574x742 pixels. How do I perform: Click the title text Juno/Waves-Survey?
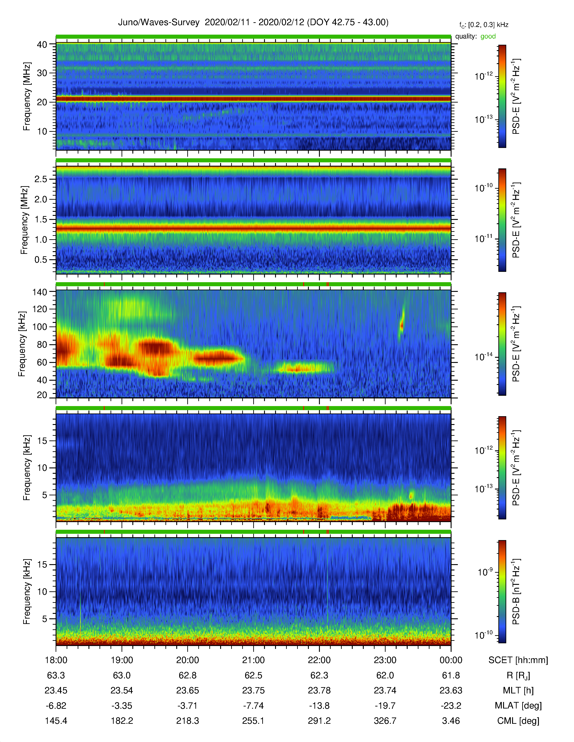pyautogui.click(x=158, y=22)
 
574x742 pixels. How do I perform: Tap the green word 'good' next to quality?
pyautogui.click(x=488, y=36)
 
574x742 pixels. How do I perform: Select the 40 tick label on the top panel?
pyautogui.click(x=42, y=45)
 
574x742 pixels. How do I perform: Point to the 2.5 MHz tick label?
pyautogui.click(x=41, y=179)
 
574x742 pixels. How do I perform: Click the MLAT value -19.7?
pyautogui.click(x=385, y=706)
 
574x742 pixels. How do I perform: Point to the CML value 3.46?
pyautogui.click(x=451, y=721)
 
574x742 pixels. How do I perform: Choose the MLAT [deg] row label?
pyautogui.click(x=518, y=706)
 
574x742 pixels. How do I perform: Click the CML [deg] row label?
pyautogui.click(x=518, y=721)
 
